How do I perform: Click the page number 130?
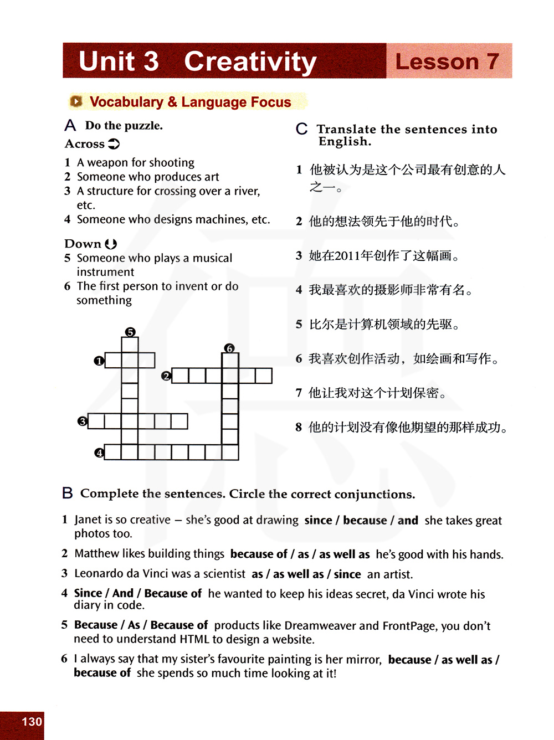[32, 722]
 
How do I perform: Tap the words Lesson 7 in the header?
[447, 61]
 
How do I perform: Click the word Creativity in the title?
[250, 61]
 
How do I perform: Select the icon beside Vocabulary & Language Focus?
[76, 101]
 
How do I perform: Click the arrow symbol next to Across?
[114, 144]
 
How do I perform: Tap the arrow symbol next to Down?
[111, 244]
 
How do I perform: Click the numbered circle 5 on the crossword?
[130, 332]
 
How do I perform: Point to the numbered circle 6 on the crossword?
[229, 348]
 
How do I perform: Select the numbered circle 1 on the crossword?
[99, 361]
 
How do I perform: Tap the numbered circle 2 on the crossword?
[166, 376]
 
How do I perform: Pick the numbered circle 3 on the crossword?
[83, 422]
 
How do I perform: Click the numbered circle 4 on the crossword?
[99, 453]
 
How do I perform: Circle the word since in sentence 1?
[318, 520]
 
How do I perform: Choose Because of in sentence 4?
[173, 594]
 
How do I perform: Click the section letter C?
[301, 130]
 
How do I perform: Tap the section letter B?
[67, 493]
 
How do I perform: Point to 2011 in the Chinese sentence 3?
[347, 256]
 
